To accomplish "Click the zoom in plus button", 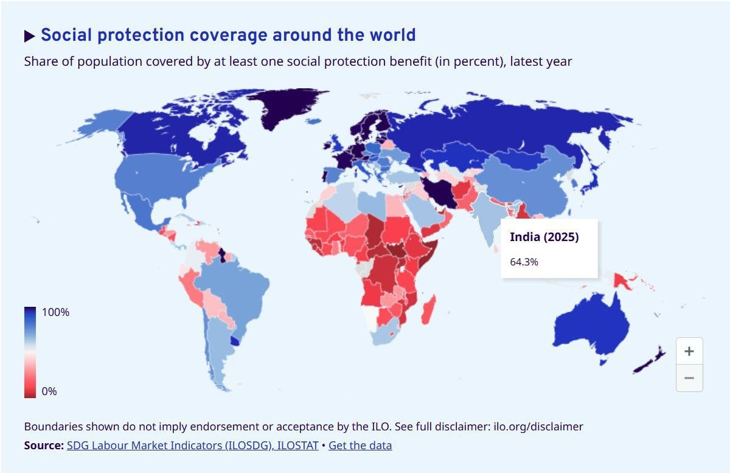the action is click(689, 351).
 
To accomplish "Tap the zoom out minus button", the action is click(689, 378).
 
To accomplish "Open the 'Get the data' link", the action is click(360, 445).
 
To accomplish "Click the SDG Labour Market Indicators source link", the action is click(193, 445).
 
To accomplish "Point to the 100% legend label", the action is click(55, 312).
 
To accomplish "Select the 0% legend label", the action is click(49, 391).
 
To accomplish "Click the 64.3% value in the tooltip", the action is click(524, 262).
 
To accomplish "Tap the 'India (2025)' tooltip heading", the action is click(544, 237).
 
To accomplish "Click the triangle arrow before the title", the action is click(29, 36).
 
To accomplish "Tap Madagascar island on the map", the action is click(428, 310).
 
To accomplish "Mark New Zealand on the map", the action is click(650, 361).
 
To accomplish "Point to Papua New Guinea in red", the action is click(622, 281).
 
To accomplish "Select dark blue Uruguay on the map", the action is click(235, 342).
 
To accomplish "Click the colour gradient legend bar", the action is click(30, 352).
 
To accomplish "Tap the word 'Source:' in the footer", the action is click(44, 445).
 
